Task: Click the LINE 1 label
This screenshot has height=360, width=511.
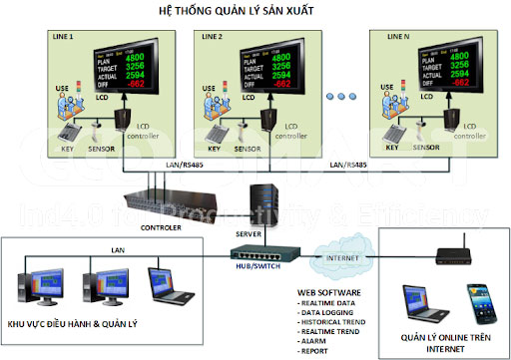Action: pyautogui.click(x=65, y=37)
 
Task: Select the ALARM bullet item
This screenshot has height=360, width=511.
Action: pyautogui.click(x=318, y=341)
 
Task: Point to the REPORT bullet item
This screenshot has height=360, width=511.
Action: pyautogui.click(x=320, y=351)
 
